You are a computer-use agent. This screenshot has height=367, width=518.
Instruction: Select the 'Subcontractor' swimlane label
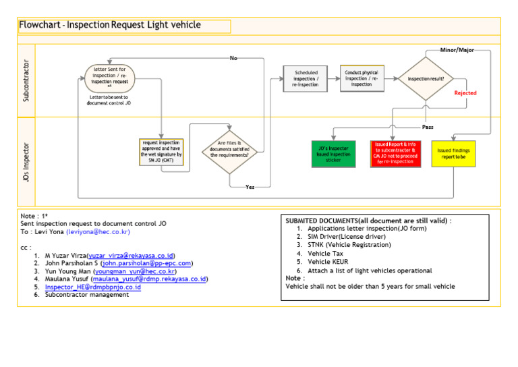[x=26, y=81]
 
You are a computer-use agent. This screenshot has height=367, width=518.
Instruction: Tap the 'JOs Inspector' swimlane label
[x=26, y=163]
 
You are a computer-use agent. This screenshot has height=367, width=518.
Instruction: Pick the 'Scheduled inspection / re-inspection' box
[x=306, y=78]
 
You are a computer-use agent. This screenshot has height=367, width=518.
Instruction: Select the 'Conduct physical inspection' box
[x=362, y=78]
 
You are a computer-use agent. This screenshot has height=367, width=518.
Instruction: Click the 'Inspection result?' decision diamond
[x=426, y=79]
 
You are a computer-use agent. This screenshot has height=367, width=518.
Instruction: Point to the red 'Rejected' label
[x=465, y=93]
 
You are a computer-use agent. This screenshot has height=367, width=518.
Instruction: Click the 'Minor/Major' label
[x=457, y=50]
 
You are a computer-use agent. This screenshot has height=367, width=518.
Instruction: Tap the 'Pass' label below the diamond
[x=428, y=127]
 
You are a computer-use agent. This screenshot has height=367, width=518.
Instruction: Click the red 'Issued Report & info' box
[x=395, y=154]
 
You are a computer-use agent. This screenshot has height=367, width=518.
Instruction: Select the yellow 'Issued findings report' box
[x=453, y=154]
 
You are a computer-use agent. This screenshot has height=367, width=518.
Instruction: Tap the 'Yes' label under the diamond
[x=250, y=187]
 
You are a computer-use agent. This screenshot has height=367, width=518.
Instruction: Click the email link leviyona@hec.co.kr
[x=97, y=231]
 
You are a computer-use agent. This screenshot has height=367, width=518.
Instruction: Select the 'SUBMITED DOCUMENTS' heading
[x=368, y=221]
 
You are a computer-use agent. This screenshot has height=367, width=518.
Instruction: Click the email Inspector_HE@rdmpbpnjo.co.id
[x=92, y=287]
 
